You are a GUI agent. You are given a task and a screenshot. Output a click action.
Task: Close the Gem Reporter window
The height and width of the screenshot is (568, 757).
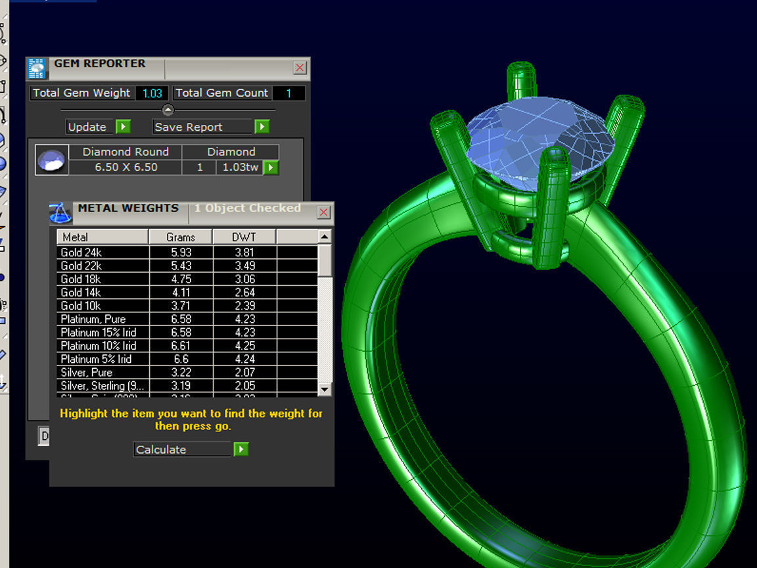[x=300, y=68]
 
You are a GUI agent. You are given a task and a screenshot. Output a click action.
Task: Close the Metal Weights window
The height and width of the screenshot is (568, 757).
[x=323, y=212]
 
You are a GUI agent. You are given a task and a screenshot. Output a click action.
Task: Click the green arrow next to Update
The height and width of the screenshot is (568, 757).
[x=123, y=127]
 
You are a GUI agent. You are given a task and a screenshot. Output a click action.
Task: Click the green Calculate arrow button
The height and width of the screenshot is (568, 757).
[x=241, y=450]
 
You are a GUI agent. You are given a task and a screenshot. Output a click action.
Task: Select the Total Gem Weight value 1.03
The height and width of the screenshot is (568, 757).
[x=152, y=93]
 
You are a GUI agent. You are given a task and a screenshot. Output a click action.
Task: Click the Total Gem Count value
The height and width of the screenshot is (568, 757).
[x=288, y=93]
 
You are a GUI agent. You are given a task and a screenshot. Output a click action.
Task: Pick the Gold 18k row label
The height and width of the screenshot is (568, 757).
[x=81, y=279]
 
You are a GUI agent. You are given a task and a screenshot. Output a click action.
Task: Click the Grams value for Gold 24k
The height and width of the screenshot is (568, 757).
[x=180, y=252]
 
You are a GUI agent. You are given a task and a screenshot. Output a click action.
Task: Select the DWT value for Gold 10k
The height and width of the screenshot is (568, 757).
[x=244, y=306]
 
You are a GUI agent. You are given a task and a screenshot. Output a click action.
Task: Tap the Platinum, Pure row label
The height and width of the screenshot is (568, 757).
[x=93, y=319]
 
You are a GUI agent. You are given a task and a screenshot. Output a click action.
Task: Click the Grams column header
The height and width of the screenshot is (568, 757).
[x=180, y=237]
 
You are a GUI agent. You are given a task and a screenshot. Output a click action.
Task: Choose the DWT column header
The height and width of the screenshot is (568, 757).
[x=244, y=237]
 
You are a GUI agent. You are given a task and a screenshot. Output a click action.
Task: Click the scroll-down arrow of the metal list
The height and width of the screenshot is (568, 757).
[x=325, y=389]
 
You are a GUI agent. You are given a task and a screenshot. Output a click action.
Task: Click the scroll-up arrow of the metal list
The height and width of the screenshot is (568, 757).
[x=325, y=236]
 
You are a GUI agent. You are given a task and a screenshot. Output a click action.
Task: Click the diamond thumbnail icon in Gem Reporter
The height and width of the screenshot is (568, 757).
[x=51, y=160]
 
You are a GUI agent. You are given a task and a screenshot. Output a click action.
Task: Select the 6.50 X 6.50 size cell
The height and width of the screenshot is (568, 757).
[x=126, y=167]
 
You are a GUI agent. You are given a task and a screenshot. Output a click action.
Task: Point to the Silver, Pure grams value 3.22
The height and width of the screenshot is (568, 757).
[x=180, y=372]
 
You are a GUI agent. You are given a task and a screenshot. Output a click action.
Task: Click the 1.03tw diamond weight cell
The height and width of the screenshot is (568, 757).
[x=240, y=167]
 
